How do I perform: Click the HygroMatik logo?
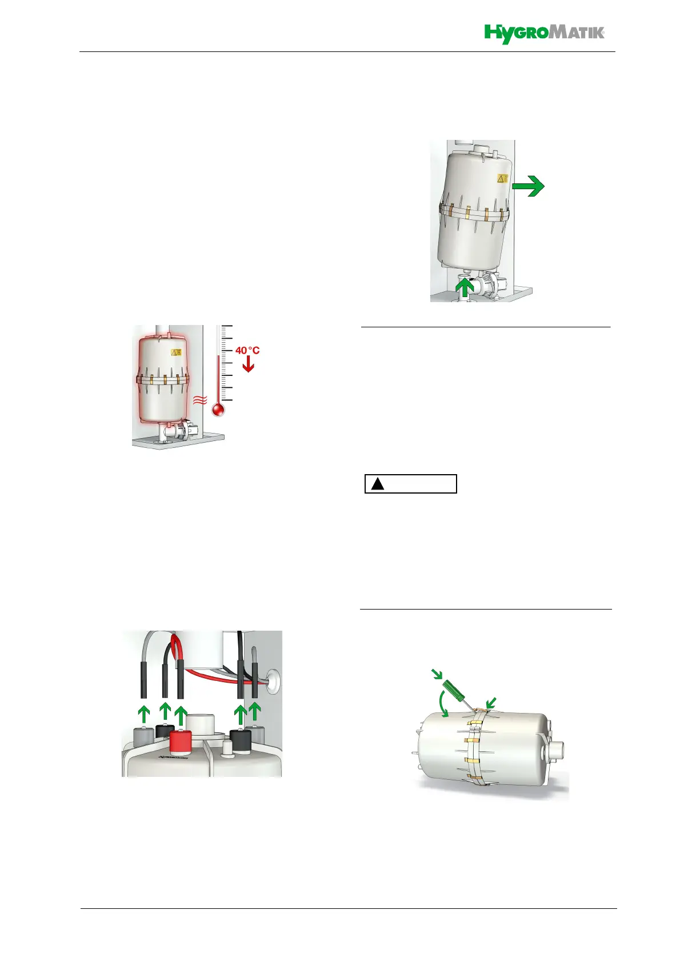click(544, 34)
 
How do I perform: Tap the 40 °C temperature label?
click(247, 350)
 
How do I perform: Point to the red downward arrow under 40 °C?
click(248, 365)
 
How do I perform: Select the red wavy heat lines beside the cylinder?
click(199, 400)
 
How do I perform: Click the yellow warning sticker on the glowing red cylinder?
click(177, 352)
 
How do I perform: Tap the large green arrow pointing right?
click(528, 186)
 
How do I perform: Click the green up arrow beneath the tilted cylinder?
click(465, 286)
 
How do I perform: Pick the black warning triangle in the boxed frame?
click(377, 484)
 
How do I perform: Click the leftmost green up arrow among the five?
click(144, 714)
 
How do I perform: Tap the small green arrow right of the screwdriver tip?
click(490, 702)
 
